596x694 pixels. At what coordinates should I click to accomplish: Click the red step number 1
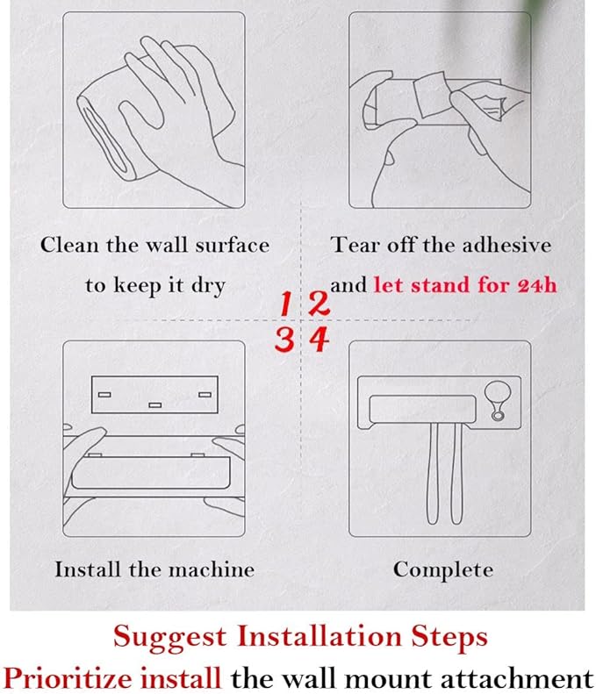click(x=285, y=304)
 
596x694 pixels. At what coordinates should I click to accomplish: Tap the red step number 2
click(x=319, y=304)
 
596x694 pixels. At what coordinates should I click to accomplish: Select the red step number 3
click(x=284, y=340)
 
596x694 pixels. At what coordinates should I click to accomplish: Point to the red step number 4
click(x=320, y=340)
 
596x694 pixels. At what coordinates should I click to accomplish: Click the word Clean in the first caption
click(x=69, y=245)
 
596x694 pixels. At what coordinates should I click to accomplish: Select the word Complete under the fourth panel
click(x=442, y=570)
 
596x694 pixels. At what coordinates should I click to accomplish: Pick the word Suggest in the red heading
click(x=169, y=638)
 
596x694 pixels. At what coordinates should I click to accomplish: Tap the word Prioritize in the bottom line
click(x=68, y=677)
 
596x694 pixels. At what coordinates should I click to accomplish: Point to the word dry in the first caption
click(x=208, y=286)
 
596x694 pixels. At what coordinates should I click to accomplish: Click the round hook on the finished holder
click(x=498, y=401)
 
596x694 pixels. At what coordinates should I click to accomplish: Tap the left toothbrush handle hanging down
click(x=433, y=473)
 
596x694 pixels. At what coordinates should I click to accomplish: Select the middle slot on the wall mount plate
click(x=154, y=405)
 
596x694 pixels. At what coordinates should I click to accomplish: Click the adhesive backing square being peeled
click(x=429, y=94)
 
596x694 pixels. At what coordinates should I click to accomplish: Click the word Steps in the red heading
click(x=449, y=637)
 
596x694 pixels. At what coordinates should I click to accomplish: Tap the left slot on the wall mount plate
click(x=104, y=394)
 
